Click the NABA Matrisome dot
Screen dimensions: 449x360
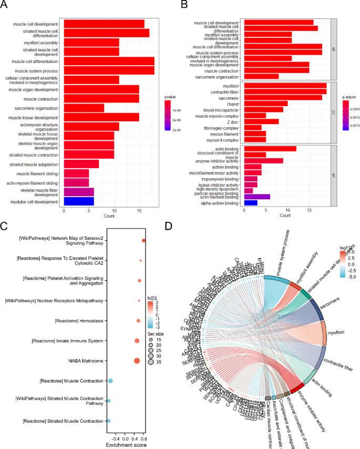(137, 360)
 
